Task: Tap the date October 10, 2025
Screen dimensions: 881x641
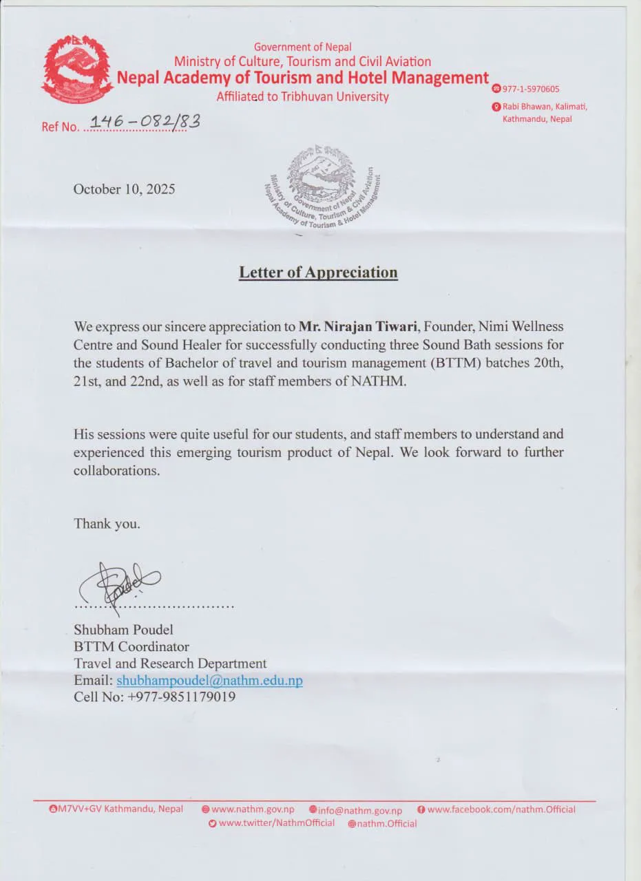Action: [x=124, y=189]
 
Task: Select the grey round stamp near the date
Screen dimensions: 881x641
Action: [x=322, y=187]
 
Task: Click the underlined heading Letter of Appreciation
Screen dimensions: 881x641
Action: [x=318, y=273]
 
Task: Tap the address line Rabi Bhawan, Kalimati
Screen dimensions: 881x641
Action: [x=544, y=107]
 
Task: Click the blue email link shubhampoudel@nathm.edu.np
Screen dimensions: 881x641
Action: [x=209, y=680]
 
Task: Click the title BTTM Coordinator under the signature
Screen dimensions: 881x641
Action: [x=132, y=647]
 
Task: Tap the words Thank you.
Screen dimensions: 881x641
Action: [x=107, y=524]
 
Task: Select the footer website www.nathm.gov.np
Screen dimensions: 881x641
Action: [x=253, y=810]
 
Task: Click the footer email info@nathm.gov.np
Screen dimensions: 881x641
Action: [x=359, y=811]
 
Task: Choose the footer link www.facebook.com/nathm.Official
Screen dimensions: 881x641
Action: [x=501, y=809]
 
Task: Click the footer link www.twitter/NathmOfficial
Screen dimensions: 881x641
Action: [x=276, y=823]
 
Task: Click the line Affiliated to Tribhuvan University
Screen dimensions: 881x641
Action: [x=302, y=97]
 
